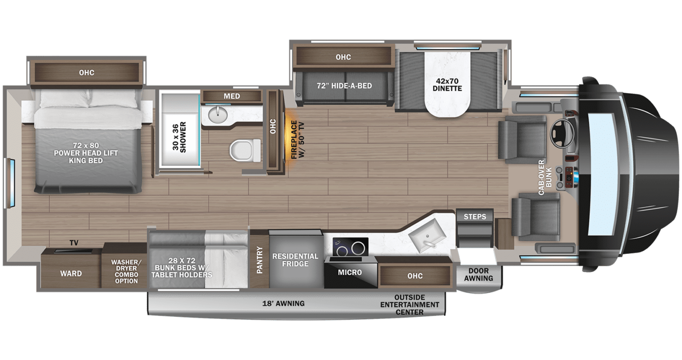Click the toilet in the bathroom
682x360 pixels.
tap(245, 150)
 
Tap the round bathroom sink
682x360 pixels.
tap(218, 115)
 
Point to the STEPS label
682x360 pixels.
tap(475, 217)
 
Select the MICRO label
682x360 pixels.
tap(349, 272)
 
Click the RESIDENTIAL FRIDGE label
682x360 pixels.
tap(295, 260)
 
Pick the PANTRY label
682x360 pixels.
tap(259, 260)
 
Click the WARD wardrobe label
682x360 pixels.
tap(71, 273)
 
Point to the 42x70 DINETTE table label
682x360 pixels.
tap(448, 85)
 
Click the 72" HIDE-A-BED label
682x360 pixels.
tap(344, 85)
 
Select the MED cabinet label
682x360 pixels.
tap(231, 96)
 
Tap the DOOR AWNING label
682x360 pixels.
tap(479, 274)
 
